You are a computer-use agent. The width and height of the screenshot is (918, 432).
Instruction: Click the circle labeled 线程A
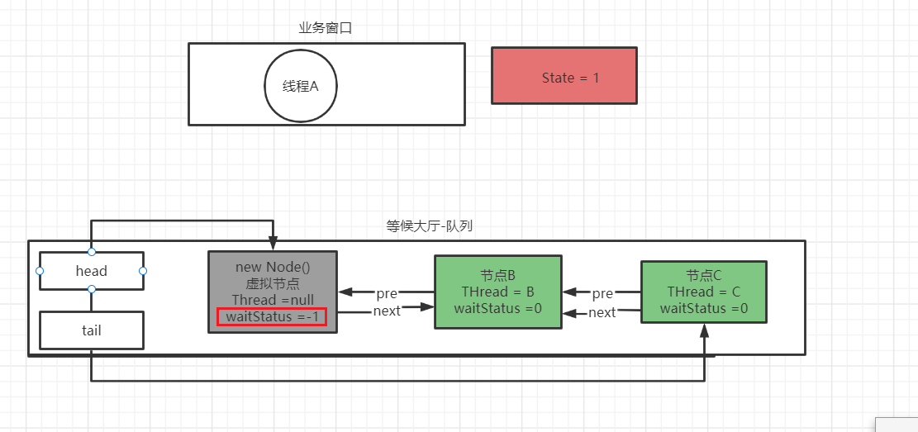click(x=301, y=86)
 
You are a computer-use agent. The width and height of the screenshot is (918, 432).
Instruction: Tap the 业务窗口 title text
click(x=326, y=28)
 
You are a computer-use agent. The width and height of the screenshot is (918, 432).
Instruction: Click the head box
click(x=92, y=271)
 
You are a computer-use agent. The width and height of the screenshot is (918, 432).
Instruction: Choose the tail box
click(x=92, y=330)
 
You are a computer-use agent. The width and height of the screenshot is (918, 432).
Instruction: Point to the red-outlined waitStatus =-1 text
click(x=272, y=316)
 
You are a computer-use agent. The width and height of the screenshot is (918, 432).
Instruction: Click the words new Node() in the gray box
click(x=272, y=267)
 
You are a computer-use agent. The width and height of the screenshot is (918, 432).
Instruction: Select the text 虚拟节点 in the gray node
click(x=272, y=282)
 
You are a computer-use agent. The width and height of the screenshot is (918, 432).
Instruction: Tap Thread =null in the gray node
click(x=272, y=299)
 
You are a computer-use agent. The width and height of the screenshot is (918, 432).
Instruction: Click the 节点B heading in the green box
click(x=497, y=276)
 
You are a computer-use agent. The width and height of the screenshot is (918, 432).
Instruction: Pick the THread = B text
click(x=497, y=292)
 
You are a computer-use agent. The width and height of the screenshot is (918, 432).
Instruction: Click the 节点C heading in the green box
click(x=703, y=276)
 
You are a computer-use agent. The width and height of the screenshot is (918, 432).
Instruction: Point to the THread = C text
click(x=703, y=292)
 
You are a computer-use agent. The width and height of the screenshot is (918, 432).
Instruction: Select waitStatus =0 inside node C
click(x=703, y=308)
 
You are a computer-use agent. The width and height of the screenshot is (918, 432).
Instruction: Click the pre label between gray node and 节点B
click(x=387, y=293)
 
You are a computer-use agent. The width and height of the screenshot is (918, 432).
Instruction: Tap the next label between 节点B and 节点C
click(x=602, y=312)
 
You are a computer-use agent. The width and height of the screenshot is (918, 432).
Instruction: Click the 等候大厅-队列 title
click(x=430, y=225)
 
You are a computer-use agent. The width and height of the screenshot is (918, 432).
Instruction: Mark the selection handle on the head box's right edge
click(x=143, y=271)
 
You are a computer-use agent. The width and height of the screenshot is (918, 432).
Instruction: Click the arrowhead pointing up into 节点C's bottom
click(x=704, y=330)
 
